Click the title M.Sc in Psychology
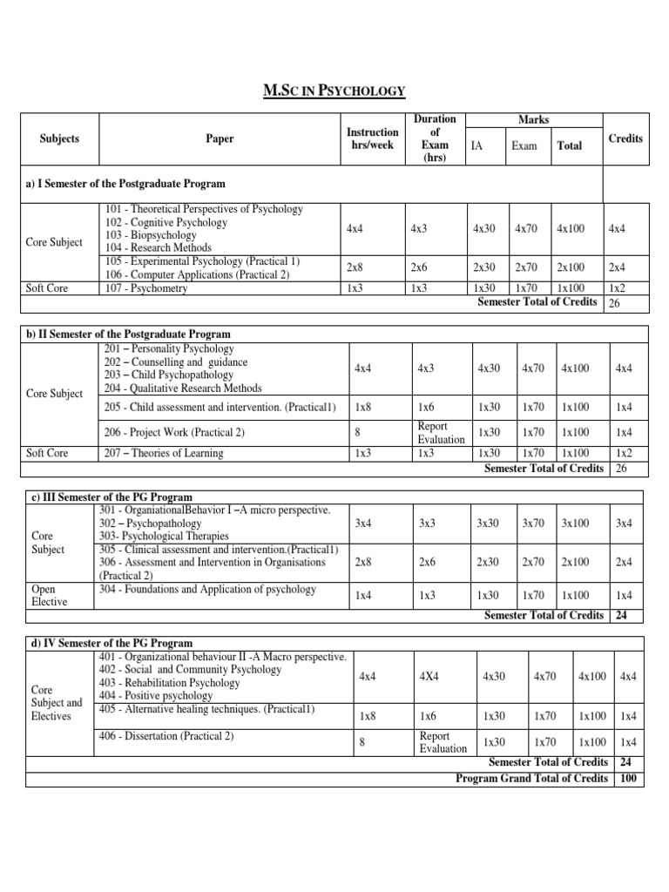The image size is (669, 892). click(334, 91)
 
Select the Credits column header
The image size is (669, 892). click(625, 139)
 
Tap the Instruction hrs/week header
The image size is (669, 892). click(372, 139)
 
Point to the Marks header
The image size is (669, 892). click(532, 119)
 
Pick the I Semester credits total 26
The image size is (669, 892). click(616, 303)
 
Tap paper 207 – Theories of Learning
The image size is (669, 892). click(164, 453)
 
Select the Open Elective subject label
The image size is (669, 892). click(50, 595)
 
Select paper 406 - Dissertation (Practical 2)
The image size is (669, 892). click(167, 736)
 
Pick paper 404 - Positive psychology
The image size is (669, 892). click(156, 696)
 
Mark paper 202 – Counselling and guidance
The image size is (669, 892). click(175, 362)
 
